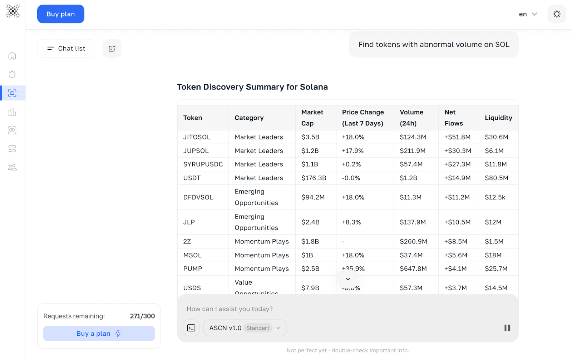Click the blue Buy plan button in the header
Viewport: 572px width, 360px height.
(x=61, y=14)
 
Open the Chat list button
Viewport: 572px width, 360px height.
(x=66, y=48)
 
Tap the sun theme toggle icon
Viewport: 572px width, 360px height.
(x=557, y=14)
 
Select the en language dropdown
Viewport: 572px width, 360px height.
(x=528, y=14)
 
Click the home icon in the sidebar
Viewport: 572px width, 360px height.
(x=12, y=56)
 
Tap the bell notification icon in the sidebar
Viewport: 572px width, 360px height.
(x=12, y=74)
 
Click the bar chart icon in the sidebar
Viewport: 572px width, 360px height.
(x=12, y=112)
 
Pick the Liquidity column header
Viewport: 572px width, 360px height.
(x=498, y=118)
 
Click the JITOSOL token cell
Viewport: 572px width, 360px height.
(x=197, y=137)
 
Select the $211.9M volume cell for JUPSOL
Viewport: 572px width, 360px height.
(x=413, y=151)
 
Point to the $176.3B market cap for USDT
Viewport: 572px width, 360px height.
(x=314, y=178)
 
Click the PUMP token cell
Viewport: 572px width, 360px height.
(x=193, y=268)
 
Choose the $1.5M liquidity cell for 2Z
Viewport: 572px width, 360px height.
(x=494, y=241)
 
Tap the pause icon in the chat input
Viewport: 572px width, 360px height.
(x=507, y=328)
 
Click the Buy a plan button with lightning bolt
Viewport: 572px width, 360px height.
(x=99, y=333)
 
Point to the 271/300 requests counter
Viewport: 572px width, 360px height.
(x=142, y=316)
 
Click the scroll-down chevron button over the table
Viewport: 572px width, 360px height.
(x=347, y=279)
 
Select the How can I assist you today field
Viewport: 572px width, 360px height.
(x=322, y=309)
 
